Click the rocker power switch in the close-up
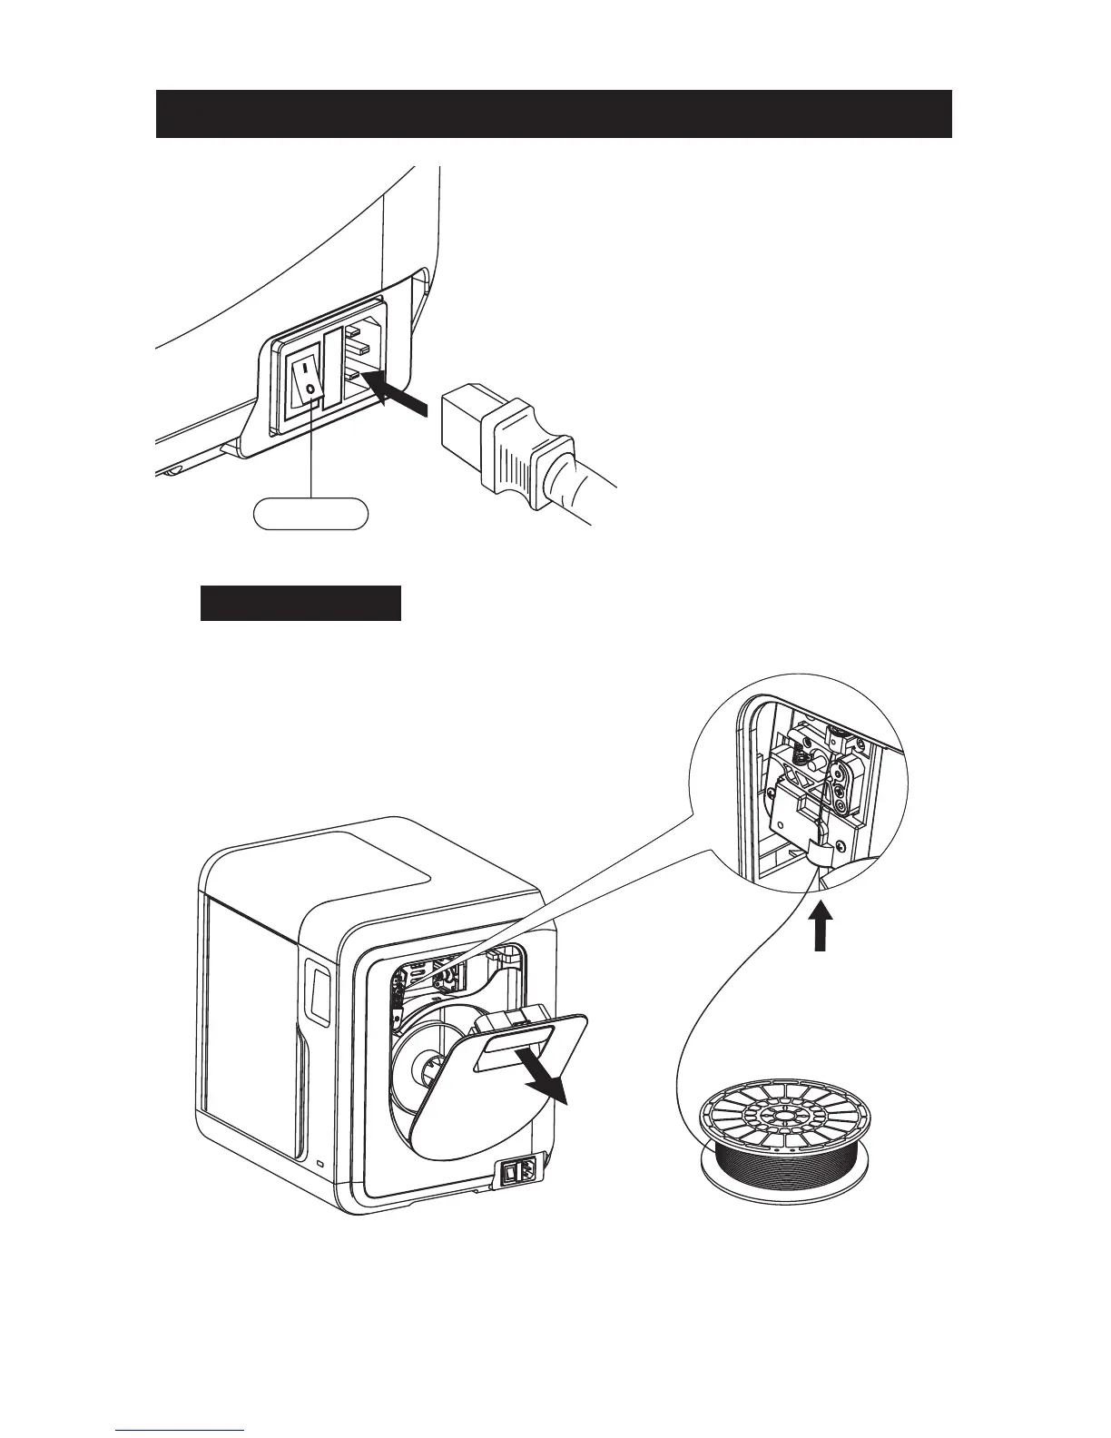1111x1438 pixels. click(307, 380)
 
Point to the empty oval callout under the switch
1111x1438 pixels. click(310, 513)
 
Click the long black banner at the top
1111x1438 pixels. click(554, 113)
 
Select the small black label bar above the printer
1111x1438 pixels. click(300, 604)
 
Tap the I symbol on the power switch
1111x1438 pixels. click(306, 369)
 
